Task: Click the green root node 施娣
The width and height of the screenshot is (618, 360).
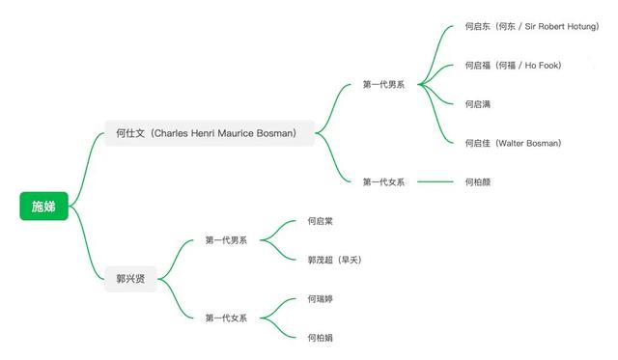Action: point(43,206)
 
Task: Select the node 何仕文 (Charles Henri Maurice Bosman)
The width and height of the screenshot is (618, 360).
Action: point(210,133)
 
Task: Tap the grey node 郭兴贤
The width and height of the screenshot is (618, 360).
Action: point(129,278)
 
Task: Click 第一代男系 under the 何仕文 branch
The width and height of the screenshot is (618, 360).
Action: point(383,84)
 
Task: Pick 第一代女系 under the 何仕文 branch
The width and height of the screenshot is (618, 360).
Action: point(383,181)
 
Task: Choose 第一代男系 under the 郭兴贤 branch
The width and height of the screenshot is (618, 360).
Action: point(226,239)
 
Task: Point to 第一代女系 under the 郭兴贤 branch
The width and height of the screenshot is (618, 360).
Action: point(226,318)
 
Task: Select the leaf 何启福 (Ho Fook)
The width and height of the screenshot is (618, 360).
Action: point(512,66)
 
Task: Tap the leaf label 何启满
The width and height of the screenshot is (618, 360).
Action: point(478,104)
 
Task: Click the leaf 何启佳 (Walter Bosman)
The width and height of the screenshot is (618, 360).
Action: point(513,143)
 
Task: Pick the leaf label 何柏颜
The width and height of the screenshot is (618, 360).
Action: point(478,181)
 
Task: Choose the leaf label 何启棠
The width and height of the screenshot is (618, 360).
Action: point(321,221)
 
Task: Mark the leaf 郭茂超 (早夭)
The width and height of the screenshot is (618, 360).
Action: point(334,260)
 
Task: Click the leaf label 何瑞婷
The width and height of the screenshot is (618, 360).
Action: point(321,299)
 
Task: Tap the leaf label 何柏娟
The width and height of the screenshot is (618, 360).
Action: point(321,338)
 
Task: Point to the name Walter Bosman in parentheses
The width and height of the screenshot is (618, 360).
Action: point(528,143)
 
